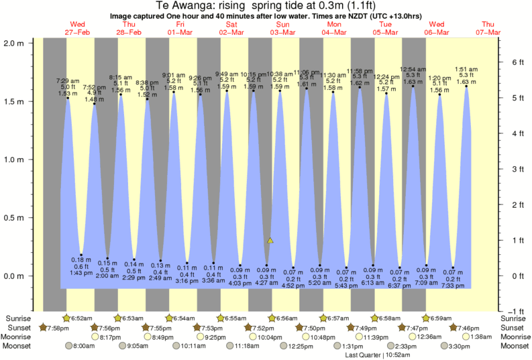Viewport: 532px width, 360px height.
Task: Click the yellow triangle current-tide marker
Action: [x=270, y=240]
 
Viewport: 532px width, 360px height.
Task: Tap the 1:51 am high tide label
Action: [x=466, y=69]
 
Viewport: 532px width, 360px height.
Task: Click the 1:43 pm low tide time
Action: [x=81, y=272]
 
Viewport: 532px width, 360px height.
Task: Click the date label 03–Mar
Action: [x=283, y=32]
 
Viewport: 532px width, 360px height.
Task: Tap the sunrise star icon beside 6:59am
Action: [x=425, y=318]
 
